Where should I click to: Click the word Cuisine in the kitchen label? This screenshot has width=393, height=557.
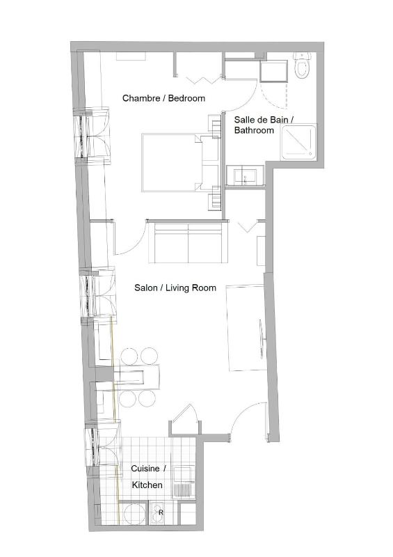tap(145, 469)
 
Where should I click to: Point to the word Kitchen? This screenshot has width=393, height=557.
tap(147, 485)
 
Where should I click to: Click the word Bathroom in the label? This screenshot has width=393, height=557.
tap(254, 130)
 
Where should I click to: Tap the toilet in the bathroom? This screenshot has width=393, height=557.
tap(303, 66)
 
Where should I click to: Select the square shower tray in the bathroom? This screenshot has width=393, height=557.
tap(299, 143)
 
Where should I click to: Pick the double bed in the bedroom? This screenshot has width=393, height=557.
tap(173, 162)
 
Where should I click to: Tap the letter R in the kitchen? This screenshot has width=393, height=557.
tap(161, 512)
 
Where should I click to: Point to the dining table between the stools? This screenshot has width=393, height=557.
tap(137, 377)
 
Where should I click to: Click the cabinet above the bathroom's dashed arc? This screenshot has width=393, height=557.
tap(273, 72)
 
